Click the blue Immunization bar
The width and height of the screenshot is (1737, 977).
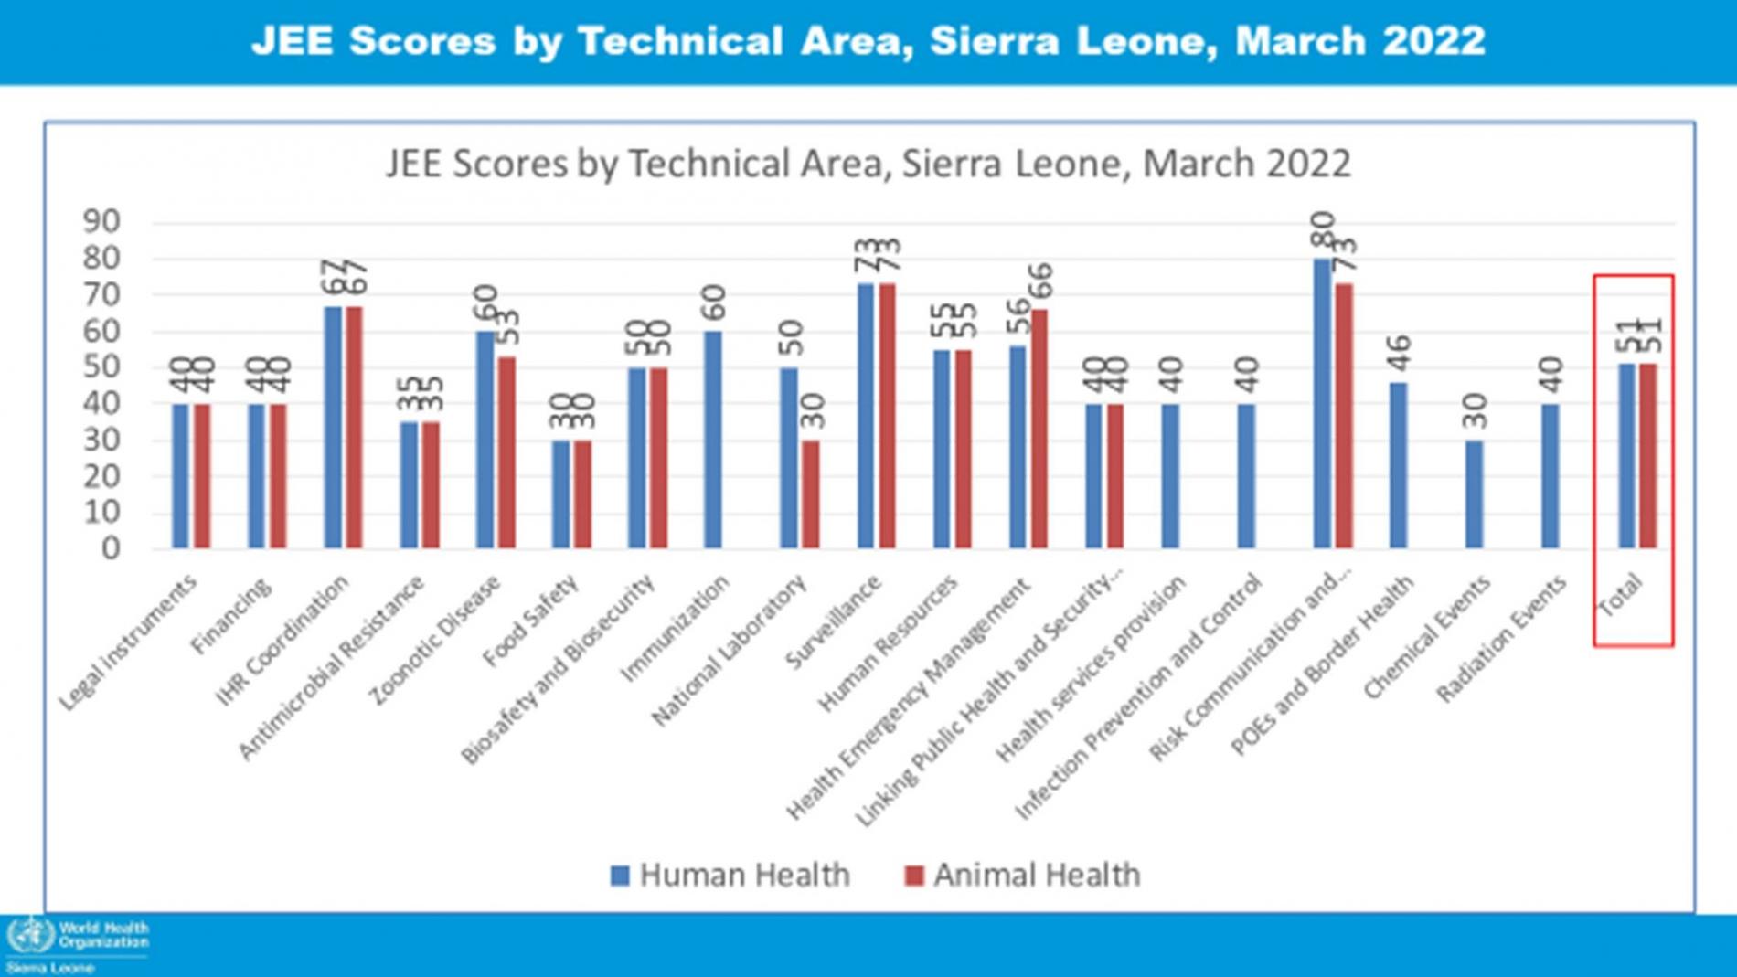coord(713,440)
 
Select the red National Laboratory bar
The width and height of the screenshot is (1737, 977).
coord(811,494)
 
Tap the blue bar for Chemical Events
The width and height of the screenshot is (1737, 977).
coord(1474,494)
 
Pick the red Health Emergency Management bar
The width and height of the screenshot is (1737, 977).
coord(1039,429)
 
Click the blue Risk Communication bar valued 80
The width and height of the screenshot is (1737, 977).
coord(1322,403)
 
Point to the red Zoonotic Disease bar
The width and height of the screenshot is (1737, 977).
coord(506,452)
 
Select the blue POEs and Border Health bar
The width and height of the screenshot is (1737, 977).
coord(1398,465)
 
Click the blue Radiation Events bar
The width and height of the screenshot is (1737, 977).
coord(1551,476)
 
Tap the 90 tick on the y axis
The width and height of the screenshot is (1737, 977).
coord(101,221)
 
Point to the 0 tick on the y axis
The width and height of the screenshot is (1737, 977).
coord(111,548)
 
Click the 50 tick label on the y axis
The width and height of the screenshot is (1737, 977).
coord(101,366)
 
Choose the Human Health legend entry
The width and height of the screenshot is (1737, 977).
coord(730,875)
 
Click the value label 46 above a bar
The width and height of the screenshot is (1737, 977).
coord(1399,354)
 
